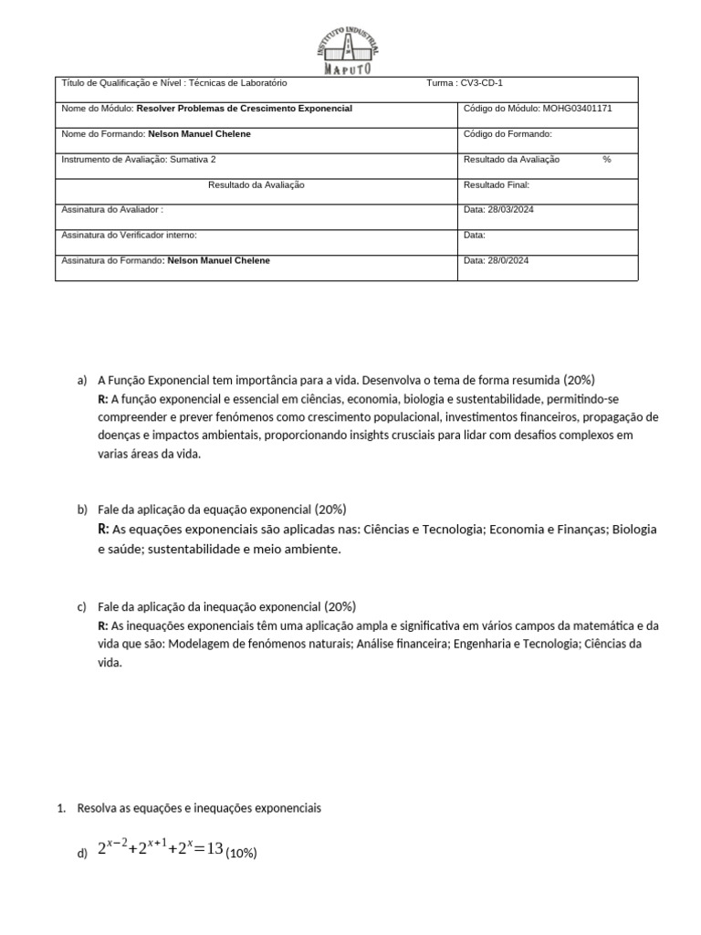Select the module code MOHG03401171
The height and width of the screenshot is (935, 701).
click(x=579, y=109)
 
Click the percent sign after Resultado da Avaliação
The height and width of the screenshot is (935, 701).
click(x=606, y=160)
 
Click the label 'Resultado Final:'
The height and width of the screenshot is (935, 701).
click(x=497, y=184)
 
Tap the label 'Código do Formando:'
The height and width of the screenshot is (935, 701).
click(x=507, y=134)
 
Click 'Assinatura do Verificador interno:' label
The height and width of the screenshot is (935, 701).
click(x=129, y=235)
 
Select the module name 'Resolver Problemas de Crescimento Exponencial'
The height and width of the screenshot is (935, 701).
click(x=244, y=109)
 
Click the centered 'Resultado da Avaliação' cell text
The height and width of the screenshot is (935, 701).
click(x=256, y=184)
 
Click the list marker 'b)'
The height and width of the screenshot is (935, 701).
click(x=83, y=510)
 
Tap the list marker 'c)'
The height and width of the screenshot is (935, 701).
click(x=82, y=606)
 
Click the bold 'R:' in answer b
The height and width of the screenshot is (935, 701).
click(x=103, y=530)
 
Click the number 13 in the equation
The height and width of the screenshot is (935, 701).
click(x=214, y=849)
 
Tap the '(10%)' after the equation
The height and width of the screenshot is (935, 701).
click(x=242, y=854)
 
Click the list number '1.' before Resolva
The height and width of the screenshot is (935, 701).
click(x=61, y=809)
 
